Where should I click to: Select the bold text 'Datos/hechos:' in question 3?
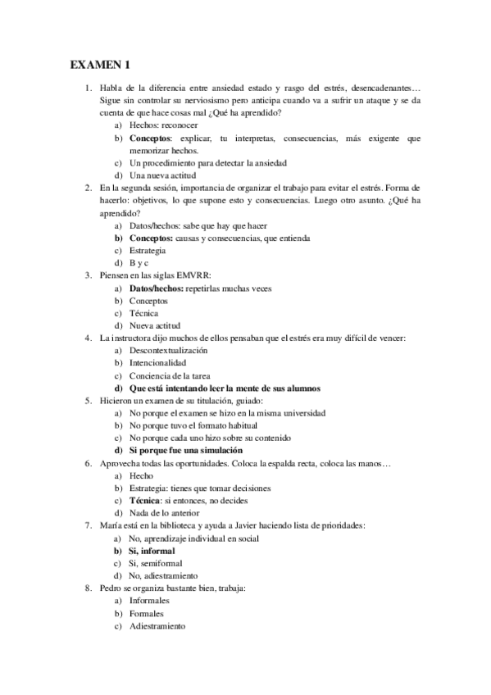157,288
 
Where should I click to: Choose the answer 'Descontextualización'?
168,350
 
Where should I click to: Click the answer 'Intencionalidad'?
158,362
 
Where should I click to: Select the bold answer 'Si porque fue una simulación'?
186,450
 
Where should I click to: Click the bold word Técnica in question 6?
148,500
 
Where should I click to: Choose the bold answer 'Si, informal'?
152,551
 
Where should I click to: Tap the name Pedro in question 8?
112,588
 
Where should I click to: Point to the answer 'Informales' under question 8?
149,601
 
